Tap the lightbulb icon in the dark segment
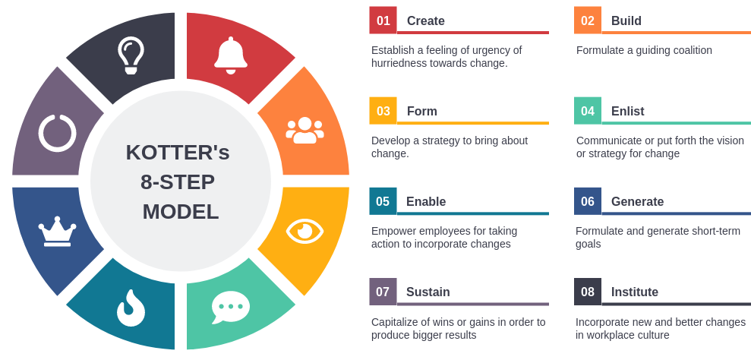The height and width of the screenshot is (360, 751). coord(131,55)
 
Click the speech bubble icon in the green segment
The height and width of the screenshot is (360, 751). coord(230,307)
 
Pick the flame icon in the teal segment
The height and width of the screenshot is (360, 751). coord(131,308)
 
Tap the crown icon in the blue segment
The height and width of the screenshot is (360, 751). coord(57,232)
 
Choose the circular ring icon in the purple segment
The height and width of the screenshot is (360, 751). coord(57,132)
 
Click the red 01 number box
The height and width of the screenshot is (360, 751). coord(383,21)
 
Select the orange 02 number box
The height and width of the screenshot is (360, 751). coord(588,21)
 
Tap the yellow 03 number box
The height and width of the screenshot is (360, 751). coord(383,111)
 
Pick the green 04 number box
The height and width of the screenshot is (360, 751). coord(588,111)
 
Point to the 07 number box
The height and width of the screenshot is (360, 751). coord(383,292)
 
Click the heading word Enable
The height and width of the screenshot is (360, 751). coord(426,201)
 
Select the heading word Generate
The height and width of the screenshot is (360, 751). coord(637,201)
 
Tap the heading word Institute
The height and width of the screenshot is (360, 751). coord(635,292)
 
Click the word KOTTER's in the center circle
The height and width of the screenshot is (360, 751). coord(178,152)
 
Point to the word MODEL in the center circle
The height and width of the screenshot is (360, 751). coord(181,211)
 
